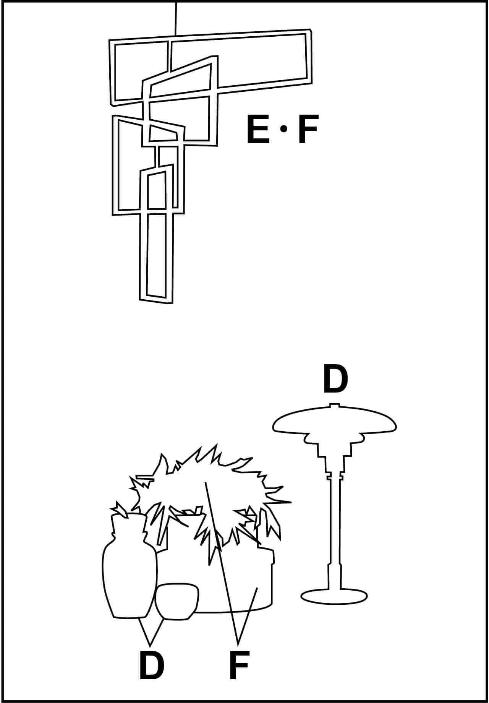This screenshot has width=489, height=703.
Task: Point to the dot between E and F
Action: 283,130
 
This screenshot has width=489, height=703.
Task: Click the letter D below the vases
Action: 151,666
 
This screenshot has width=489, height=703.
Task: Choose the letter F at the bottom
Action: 239,666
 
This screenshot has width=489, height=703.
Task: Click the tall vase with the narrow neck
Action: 130,566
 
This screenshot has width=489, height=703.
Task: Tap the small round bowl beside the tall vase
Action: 177,601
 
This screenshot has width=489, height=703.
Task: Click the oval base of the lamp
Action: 334,596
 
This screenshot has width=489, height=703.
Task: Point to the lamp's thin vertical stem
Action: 334,531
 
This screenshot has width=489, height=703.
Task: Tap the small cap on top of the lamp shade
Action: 335,405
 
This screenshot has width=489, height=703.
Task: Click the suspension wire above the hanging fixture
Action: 176,18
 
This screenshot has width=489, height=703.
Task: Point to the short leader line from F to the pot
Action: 248,616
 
